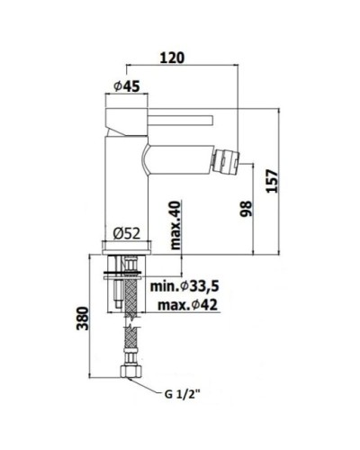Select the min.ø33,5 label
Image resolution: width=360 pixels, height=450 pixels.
tap(184, 286)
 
